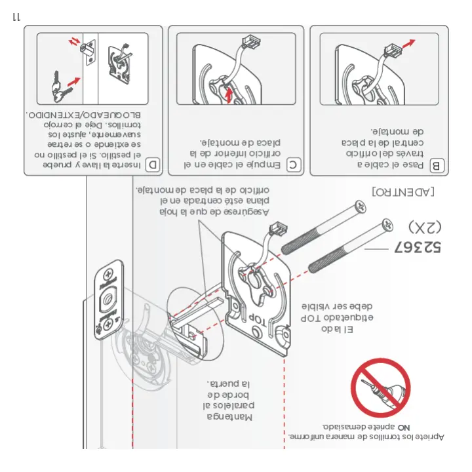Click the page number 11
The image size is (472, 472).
click(17, 16)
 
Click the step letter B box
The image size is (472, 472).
click(437, 165)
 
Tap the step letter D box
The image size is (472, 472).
click(153, 165)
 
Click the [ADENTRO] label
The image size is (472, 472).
click(403, 192)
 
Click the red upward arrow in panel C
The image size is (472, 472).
click(229, 96)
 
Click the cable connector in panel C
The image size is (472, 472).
click(248, 43)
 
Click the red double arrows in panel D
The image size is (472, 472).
click(77, 43)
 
